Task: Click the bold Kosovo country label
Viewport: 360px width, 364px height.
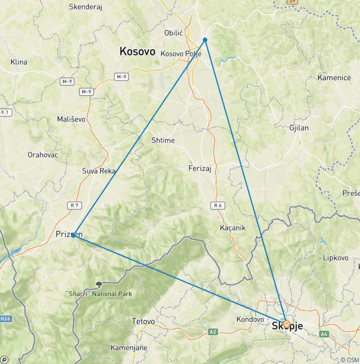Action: pyautogui.click(x=137, y=52)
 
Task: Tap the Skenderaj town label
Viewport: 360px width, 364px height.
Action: pyautogui.click(x=86, y=7)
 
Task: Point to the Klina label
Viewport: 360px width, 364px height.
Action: pyautogui.click(x=19, y=62)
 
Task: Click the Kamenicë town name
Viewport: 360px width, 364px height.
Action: pyautogui.click(x=334, y=77)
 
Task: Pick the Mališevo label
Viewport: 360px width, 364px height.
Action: pyautogui.click(x=71, y=119)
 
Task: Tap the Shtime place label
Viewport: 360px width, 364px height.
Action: pyautogui.click(x=163, y=140)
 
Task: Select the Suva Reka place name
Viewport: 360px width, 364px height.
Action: pyautogui.click(x=98, y=171)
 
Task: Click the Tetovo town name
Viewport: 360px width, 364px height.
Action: pyautogui.click(x=143, y=321)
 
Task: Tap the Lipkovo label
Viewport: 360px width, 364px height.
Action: pyautogui.click(x=336, y=258)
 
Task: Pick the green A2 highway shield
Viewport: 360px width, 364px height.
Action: pyautogui.click(x=213, y=332)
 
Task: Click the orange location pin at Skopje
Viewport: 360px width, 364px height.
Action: pyautogui.click(x=286, y=324)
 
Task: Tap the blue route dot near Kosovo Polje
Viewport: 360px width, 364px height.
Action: pyautogui.click(x=205, y=40)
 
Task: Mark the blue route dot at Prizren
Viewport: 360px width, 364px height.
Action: pyautogui.click(x=74, y=235)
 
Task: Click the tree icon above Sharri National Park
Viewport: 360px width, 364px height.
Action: pyautogui.click(x=99, y=284)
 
